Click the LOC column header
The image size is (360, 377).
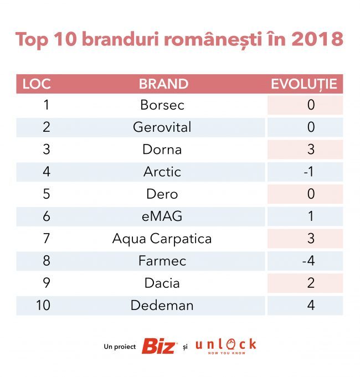coord(37,84)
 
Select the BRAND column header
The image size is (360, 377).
coord(163,84)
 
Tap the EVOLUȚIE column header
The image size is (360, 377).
coord(304,84)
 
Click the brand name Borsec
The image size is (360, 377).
coord(162,105)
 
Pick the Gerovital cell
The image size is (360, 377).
coord(162,127)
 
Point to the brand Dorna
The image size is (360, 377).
coord(162,149)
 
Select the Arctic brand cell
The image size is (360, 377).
coord(162,172)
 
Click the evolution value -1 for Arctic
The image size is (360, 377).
coord(309,172)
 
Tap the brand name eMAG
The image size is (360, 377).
coord(162,216)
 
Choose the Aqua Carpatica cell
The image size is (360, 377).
coord(162,239)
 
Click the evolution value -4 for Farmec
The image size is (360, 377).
coord(308,261)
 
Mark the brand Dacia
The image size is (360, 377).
coord(162,283)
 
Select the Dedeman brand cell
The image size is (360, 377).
coord(162,306)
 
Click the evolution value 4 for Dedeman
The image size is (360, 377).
coord(311,306)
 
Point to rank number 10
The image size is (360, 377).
coord(43,306)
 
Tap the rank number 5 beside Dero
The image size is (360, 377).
coord(47,194)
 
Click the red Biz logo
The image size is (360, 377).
coord(160,346)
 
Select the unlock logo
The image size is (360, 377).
coord(226,346)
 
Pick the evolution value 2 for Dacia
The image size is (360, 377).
coord(311,283)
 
